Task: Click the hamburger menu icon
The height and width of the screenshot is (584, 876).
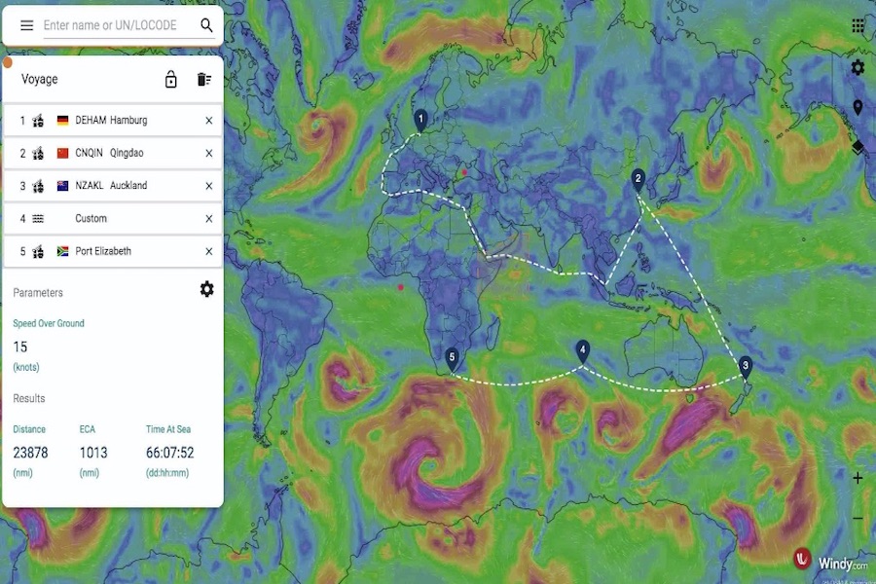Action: [x=27, y=25]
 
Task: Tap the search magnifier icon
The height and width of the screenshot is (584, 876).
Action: [x=206, y=25]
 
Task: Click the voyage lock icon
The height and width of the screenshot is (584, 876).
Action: [x=171, y=80]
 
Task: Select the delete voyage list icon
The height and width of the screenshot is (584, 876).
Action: [x=203, y=80]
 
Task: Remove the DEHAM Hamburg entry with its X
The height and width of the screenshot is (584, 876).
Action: [x=208, y=121]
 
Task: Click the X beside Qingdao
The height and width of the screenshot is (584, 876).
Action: [x=208, y=153]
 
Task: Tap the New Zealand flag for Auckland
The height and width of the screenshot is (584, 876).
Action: [x=63, y=186]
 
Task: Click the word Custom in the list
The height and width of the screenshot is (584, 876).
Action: [x=91, y=219]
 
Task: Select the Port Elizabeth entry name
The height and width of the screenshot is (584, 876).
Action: [x=103, y=251]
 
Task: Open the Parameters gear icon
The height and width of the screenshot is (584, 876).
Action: [x=206, y=289]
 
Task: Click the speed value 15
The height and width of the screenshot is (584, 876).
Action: [x=20, y=347]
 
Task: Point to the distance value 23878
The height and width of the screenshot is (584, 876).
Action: [x=30, y=453]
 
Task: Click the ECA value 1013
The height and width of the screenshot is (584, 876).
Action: [x=93, y=453]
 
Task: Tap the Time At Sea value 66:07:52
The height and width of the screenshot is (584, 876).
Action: [x=170, y=453]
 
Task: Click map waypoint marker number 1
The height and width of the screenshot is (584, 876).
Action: [x=420, y=119]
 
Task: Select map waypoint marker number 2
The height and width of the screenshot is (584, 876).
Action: [x=638, y=178]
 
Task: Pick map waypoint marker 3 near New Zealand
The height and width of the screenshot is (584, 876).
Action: [x=746, y=366]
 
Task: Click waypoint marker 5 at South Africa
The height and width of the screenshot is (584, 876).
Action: [x=452, y=358]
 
